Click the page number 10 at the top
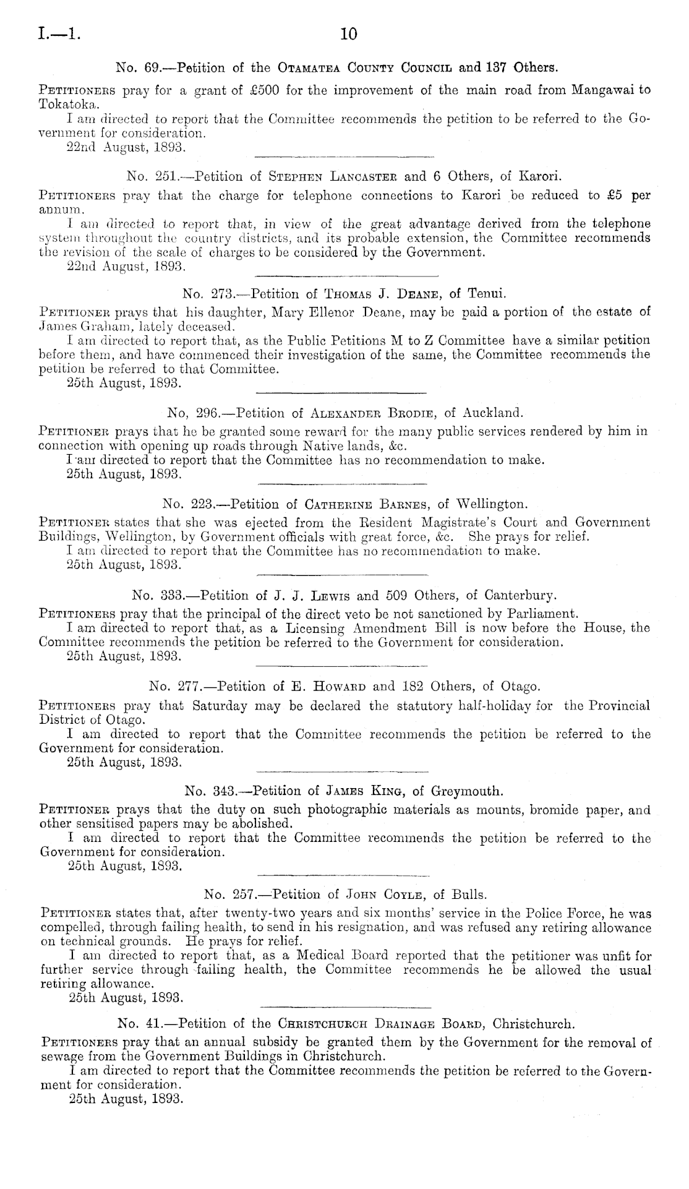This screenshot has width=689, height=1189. (349, 34)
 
